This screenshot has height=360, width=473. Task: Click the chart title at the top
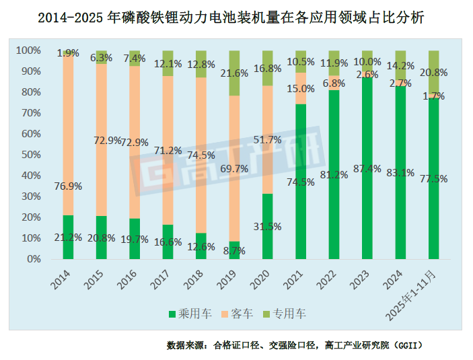pyautogui.click(x=237, y=18)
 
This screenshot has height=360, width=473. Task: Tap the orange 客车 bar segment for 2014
pyautogui.click(x=68, y=135)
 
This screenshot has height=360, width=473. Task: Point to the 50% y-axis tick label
pyautogui.click(x=30, y=155)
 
